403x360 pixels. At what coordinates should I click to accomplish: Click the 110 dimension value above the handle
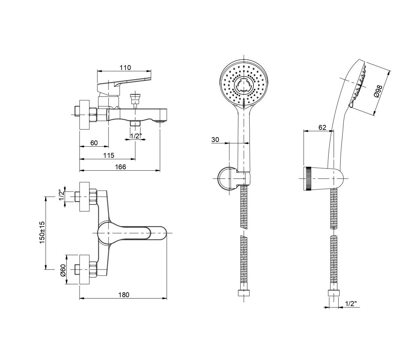click(x=125, y=68)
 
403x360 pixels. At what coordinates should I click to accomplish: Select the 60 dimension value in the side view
click(x=94, y=143)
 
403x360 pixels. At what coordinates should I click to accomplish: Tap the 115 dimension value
click(x=108, y=155)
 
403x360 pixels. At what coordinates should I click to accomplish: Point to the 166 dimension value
click(x=120, y=167)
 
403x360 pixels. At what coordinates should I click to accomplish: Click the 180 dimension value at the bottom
click(x=124, y=295)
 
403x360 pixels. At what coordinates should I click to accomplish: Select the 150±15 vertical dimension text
click(x=42, y=232)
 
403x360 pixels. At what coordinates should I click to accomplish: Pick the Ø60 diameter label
click(x=63, y=270)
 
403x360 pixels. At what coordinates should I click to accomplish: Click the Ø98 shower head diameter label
click(x=378, y=91)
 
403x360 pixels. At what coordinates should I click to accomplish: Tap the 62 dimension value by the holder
click(x=322, y=127)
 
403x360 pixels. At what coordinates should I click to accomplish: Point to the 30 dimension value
click(x=215, y=140)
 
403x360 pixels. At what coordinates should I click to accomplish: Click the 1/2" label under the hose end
click(x=351, y=304)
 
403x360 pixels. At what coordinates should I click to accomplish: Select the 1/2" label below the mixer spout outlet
click(x=136, y=136)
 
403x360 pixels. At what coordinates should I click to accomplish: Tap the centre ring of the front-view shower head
click(x=244, y=84)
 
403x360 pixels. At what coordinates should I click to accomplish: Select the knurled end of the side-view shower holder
click(x=308, y=179)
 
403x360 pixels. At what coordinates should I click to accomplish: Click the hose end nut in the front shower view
click(x=244, y=293)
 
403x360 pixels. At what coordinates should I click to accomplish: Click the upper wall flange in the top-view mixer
click(x=84, y=196)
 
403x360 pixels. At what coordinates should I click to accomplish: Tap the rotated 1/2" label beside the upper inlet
click(x=62, y=195)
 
